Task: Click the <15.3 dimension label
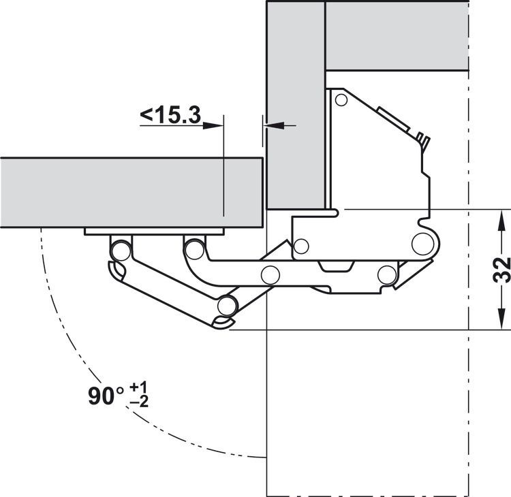tap(170, 115)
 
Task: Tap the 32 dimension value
tap(501, 270)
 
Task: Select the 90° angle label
tap(106, 396)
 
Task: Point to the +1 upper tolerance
tap(138, 387)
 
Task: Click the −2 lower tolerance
tap(139, 402)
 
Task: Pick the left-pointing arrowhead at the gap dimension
tap(274, 125)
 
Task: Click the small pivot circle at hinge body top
tap(341, 100)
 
